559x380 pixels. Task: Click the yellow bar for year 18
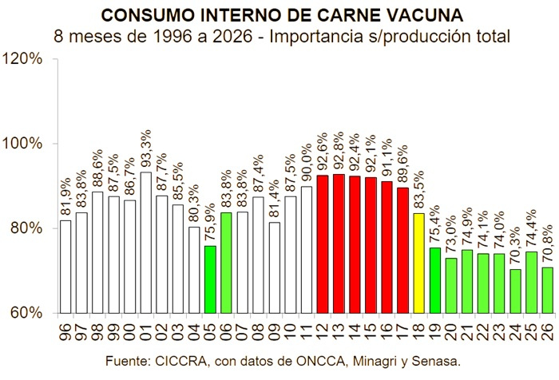click(x=419, y=263)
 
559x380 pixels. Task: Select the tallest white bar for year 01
click(x=146, y=243)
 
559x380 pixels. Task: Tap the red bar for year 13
click(x=339, y=243)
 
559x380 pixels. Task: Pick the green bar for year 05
click(x=210, y=279)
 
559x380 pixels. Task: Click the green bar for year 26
click(x=547, y=291)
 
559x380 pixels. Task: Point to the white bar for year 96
click(x=65, y=267)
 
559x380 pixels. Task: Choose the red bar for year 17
click(x=402, y=251)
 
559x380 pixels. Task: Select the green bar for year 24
click(x=515, y=291)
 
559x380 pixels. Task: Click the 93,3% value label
click(x=146, y=149)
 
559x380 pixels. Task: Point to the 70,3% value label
click(x=515, y=247)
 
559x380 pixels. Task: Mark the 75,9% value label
click(x=210, y=224)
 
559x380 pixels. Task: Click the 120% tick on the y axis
click(x=23, y=59)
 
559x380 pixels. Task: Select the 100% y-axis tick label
click(x=23, y=144)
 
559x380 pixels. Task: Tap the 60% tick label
click(x=27, y=313)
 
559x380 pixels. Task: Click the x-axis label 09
click(x=274, y=332)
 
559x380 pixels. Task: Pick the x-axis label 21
click(x=467, y=332)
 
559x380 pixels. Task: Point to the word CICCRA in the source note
click(x=181, y=361)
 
